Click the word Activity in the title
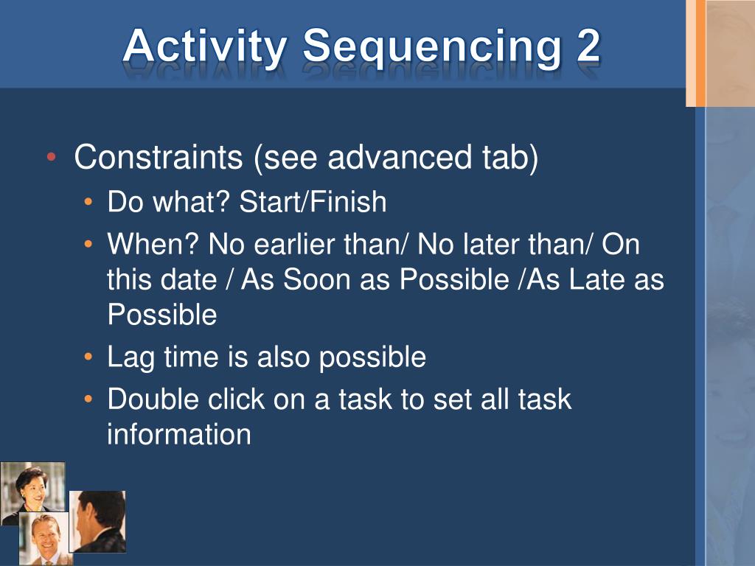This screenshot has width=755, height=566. point(205,48)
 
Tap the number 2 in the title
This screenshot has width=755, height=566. point(588,45)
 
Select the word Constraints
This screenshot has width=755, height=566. point(159,157)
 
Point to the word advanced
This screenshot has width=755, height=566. point(400,157)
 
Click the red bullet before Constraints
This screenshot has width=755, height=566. point(52,157)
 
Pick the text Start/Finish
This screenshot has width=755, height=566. point(313,201)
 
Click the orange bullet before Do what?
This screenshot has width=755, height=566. point(88,202)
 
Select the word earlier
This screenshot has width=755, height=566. point(293,244)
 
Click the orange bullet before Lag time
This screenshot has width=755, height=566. point(88,357)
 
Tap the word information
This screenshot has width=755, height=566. point(179,434)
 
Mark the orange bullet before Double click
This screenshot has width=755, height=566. point(88,399)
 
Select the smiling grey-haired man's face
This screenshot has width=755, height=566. point(46,535)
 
